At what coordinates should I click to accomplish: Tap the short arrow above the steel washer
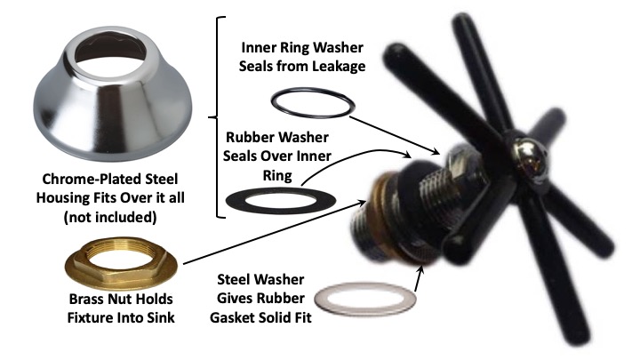[x=417, y=269]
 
